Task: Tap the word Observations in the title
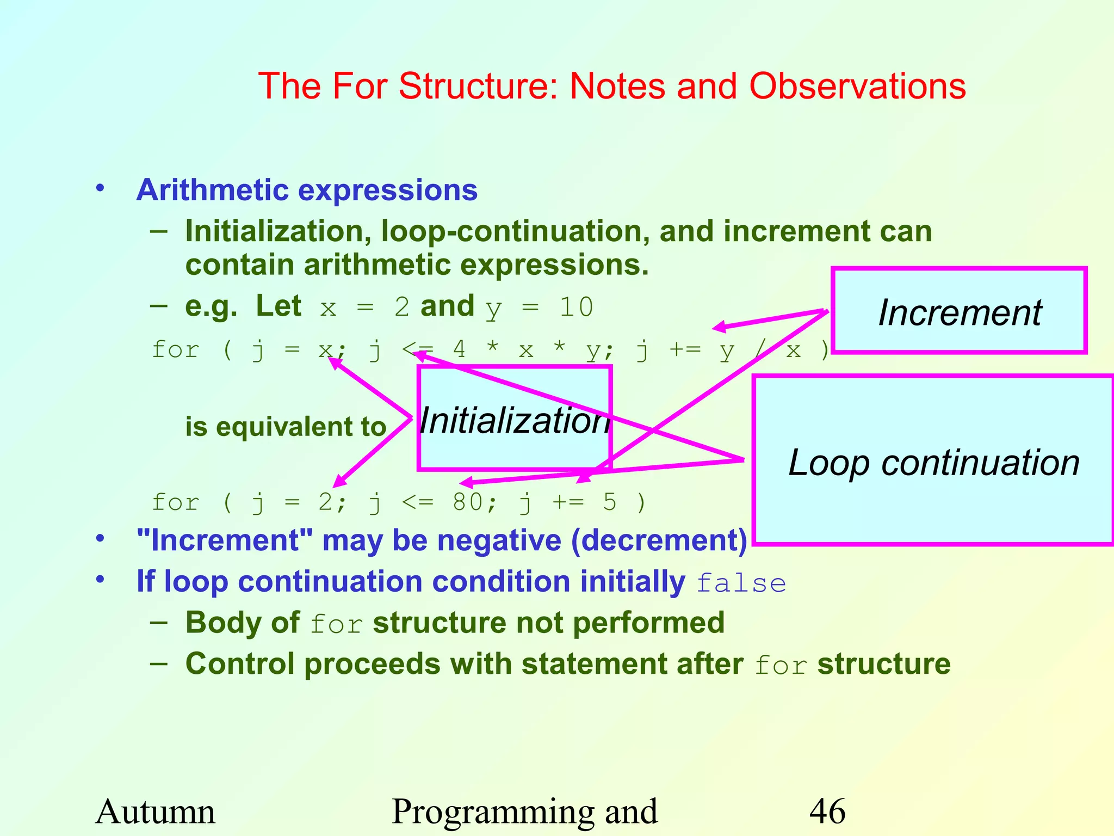point(857,86)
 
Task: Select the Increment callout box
point(959,311)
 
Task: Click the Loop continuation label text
point(933,463)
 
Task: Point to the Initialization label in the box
point(514,420)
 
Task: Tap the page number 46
point(827,812)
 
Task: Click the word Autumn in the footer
point(156,812)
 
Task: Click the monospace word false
point(741,583)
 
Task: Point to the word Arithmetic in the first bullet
point(212,190)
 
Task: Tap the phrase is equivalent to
point(286,426)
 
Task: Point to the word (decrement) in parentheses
point(659,540)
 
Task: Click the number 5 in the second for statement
point(610,502)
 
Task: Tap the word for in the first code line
point(175,349)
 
